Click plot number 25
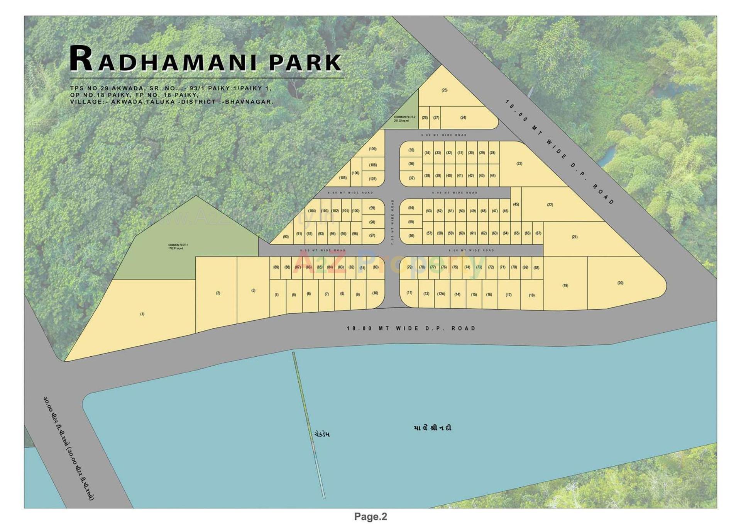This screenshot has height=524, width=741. point(444,90)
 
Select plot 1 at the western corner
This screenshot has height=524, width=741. point(142,314)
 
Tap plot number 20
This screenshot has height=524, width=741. point(620,283)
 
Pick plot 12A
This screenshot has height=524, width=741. point(441,294)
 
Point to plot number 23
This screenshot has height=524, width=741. point(519,164)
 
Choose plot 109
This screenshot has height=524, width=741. point(372,149)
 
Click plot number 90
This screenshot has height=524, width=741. point(286,236)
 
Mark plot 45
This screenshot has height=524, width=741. point(516,204)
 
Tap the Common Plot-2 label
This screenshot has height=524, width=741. point(404,118)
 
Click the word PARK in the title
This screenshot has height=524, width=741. point(305,63)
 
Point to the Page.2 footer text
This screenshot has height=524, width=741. point(370,516)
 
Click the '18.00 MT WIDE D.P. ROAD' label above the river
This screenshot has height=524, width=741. point(411,328)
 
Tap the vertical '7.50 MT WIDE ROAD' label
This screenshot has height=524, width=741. point(392,222)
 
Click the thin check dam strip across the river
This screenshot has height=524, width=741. point(309,425)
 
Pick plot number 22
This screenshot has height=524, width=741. point(550,205)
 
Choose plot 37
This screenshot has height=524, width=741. point(411,178)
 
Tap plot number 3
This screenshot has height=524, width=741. point(253,290)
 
